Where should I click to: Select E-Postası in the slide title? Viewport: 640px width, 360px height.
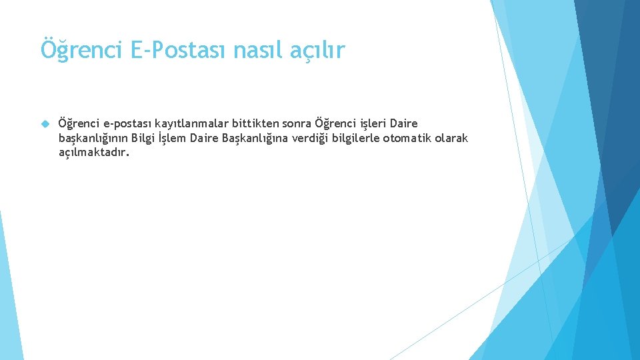click(x=169, y=50)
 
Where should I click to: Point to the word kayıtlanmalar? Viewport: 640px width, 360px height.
click(x=193, y=123)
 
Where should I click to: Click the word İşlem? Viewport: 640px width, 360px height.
click(x=173, y=138)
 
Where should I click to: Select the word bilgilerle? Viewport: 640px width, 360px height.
click(x=356, y=138)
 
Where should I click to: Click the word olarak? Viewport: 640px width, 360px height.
click(x=451, y=138)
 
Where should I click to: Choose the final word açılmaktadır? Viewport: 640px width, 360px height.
click(x=94, y=153)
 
